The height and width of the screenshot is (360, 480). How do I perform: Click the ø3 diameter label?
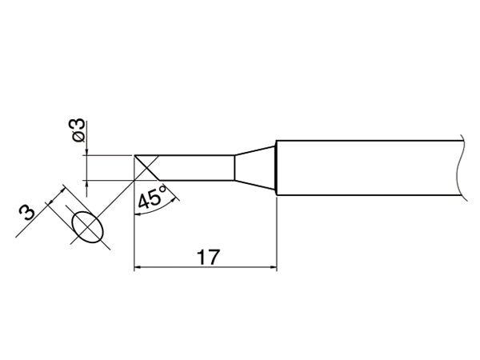pos(78,130)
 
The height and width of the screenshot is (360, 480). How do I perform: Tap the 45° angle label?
pos(152,197)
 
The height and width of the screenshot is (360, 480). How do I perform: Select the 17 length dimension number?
pos(208,257)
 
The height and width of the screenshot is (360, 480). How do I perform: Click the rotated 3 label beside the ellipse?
pos(27,213)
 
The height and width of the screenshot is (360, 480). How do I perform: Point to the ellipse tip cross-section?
pos(88,227)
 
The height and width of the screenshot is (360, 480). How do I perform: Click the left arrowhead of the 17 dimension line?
pos(138,267)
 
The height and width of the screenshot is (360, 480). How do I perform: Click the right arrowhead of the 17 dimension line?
pos(274,267)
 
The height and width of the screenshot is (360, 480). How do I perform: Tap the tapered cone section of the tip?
pos(255,168)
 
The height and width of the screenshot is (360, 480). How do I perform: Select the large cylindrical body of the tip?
pos(371,168)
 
